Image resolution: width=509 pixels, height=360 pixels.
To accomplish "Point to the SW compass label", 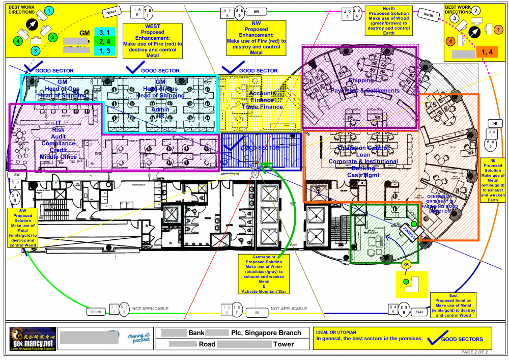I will tap(17, 174).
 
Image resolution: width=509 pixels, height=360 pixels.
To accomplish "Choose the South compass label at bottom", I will tap(96, 311).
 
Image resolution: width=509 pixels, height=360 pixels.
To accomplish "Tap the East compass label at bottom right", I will tap(419, 311).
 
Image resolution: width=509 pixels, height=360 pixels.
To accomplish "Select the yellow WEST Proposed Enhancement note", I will tap(153, 41).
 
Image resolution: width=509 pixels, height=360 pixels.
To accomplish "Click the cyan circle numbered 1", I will tap(48, 10).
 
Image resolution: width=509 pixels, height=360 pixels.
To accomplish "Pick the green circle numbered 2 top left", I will tap(52, 37).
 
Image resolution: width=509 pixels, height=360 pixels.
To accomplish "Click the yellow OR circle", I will tap(406, 265).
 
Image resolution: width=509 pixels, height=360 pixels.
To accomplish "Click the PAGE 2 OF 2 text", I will tap(474, 352).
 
